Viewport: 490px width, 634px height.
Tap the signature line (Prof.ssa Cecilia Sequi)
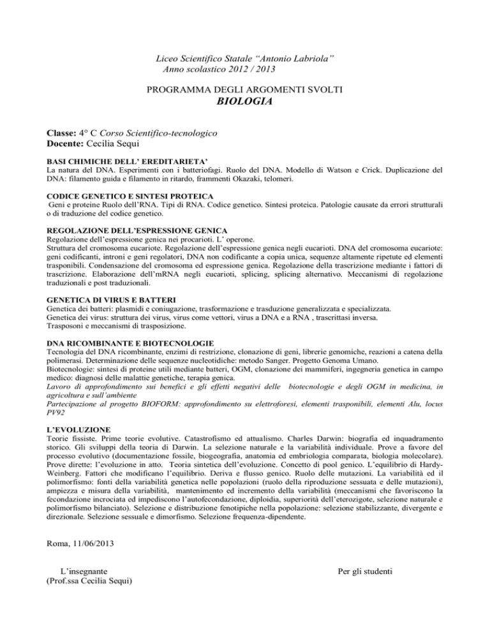coord(91,598)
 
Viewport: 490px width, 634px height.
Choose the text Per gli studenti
coord(367,589)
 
